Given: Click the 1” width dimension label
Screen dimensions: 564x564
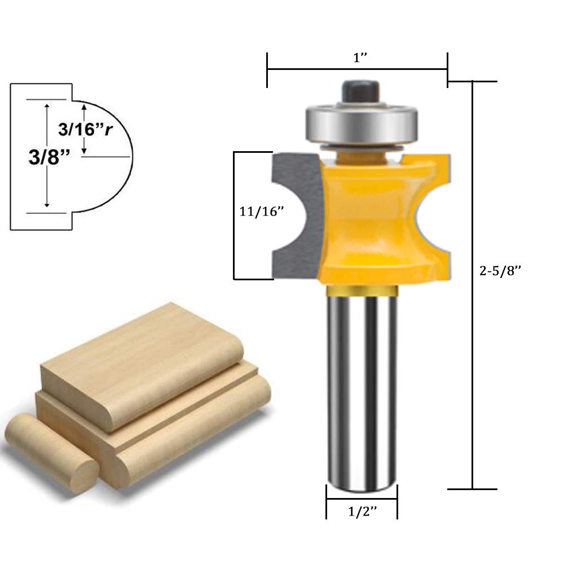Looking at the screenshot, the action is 360,58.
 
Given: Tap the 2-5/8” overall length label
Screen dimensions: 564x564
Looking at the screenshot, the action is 500,271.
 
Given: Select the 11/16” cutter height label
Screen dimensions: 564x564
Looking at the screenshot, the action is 262,211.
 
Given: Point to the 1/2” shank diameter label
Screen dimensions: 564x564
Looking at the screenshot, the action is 363,511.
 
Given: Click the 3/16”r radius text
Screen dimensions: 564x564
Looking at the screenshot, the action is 85,130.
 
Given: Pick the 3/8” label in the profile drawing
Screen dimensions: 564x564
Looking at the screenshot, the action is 49,157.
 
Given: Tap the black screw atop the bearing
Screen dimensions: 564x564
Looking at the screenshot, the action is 360,92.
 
